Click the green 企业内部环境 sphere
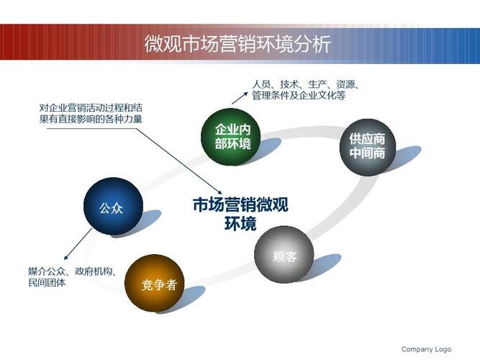230,137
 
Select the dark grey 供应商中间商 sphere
368,147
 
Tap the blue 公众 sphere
113,207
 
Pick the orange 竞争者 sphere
155,284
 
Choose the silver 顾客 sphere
284,255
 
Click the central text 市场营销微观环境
240,214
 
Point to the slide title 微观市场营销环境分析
237,44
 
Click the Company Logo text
426,349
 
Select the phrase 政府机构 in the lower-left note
94,271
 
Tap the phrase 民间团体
47,282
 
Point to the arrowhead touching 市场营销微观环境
219,192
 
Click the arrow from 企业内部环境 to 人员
240,98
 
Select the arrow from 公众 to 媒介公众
78,244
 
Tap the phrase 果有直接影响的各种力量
91,119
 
